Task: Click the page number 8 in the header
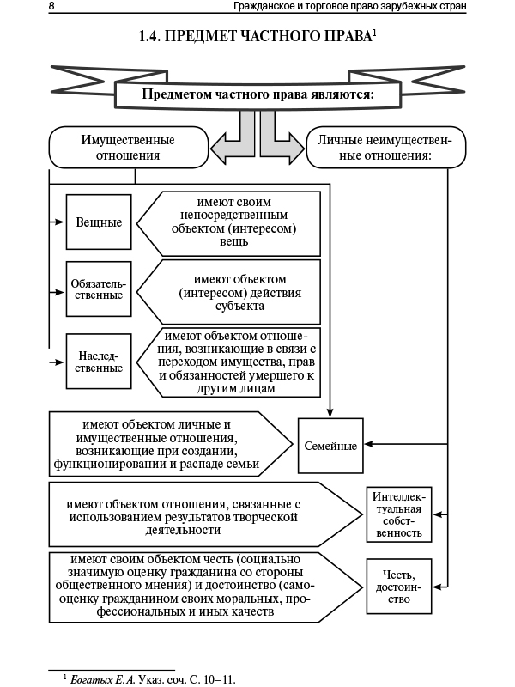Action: click(52, 7)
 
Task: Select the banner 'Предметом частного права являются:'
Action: click(257, 94)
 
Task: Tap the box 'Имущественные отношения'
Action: click(128, 147)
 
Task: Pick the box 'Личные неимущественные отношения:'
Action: click(385, 147)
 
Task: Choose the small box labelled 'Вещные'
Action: click(99, 222)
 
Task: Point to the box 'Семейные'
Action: click(330, 446)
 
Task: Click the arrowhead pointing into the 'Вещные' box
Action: click(60, 222)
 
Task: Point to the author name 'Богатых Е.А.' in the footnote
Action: click(100, 678)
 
